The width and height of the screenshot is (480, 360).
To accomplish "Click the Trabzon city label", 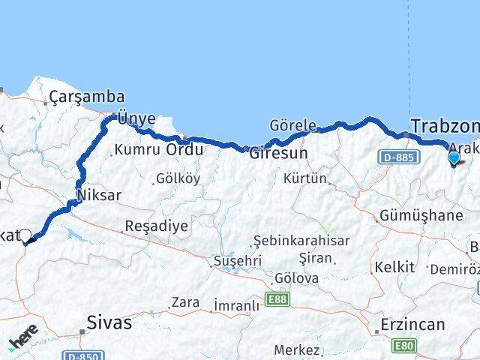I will [445, 126].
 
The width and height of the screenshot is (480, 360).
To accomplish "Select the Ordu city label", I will [184, 149].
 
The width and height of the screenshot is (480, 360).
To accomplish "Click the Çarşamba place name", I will [87, 97].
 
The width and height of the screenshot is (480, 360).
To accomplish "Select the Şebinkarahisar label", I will [301, 240].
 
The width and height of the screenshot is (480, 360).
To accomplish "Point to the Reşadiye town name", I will [156, 226].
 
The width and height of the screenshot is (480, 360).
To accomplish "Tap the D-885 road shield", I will [396, 157].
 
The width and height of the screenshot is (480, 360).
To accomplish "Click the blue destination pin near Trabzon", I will [453, 157].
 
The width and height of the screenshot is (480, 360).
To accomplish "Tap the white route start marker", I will [25, 235].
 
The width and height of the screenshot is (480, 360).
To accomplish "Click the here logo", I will [23, 337].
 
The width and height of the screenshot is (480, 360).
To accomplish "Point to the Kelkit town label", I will [394, 267].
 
